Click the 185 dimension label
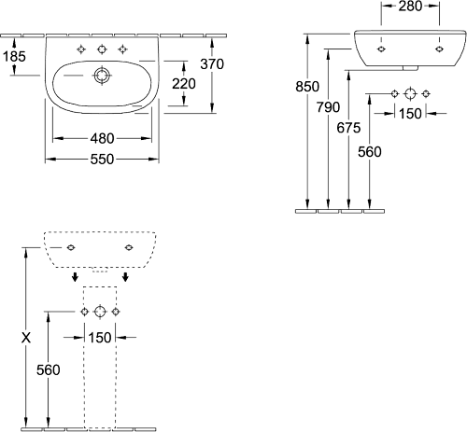pos(14,56)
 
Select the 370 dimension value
pos(212,64)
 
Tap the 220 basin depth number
pos(184,84)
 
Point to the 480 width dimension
pos(102,138)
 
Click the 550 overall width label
pos(102,160)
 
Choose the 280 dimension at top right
pos(410,7)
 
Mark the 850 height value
pos(307,87)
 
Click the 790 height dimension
pos(328,107)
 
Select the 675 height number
pos(348,128)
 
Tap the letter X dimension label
pos(26,337)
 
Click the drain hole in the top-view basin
pos(102,76)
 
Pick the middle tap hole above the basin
pos(102,49)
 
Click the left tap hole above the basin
pos(81,49)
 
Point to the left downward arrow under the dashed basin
pos(75,276)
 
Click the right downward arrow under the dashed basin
pos(125,276)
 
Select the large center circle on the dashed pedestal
pos(100,312)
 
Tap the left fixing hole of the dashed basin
pos(71,247)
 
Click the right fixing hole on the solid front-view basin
pos(439,49)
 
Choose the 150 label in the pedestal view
pos(100,338)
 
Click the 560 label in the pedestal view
pos(49,370)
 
